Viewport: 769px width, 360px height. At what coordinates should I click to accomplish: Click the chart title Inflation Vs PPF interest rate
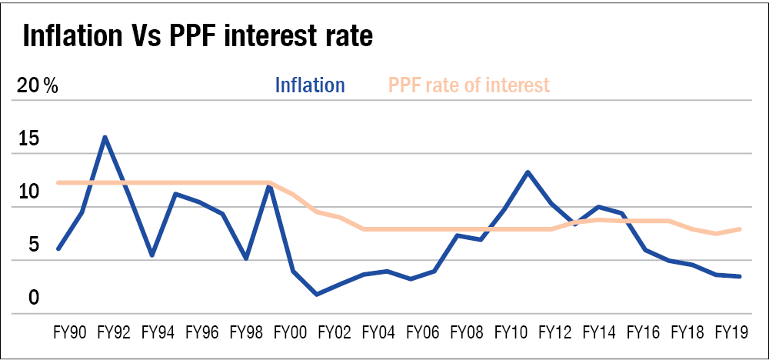coord(198,35)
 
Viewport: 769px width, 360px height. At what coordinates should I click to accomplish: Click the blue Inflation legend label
coord(310,85)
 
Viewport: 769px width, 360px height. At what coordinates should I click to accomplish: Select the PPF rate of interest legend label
coord(469,85)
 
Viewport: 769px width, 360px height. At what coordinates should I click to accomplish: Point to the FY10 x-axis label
coord(510,333)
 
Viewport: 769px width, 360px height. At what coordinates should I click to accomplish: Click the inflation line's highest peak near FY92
coord(105,137)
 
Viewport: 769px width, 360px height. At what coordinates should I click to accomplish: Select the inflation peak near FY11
coord(528,172)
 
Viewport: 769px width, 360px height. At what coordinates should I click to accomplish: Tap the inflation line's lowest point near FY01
coord(316,294)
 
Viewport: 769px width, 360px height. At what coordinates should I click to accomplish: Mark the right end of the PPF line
coord(740,228)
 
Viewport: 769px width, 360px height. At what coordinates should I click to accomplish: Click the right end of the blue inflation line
coord(740,276)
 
